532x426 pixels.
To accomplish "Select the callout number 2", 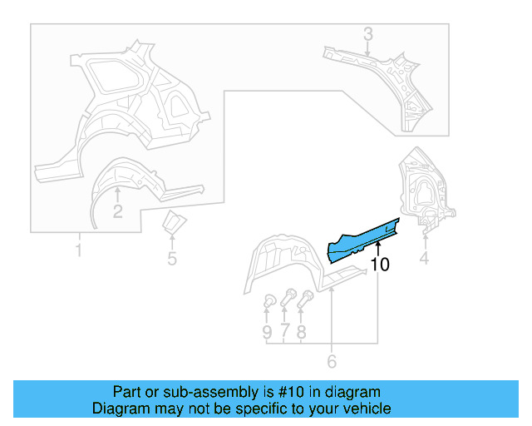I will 117,211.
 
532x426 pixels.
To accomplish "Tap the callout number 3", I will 368,34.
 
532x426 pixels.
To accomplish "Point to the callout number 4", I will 424,259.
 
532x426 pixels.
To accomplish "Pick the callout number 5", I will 172,258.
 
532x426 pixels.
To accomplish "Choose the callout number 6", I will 332,361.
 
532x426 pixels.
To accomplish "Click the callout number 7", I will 284,332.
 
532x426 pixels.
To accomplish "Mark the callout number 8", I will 301,332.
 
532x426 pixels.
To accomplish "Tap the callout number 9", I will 267,332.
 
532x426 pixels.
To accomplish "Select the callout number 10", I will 380,265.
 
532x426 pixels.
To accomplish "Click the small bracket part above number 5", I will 173,224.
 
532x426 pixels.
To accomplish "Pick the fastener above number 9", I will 268,301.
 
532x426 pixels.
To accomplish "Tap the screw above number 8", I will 306,297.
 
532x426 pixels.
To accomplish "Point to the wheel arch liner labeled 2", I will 125,179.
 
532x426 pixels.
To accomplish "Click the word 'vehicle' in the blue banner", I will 363,409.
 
